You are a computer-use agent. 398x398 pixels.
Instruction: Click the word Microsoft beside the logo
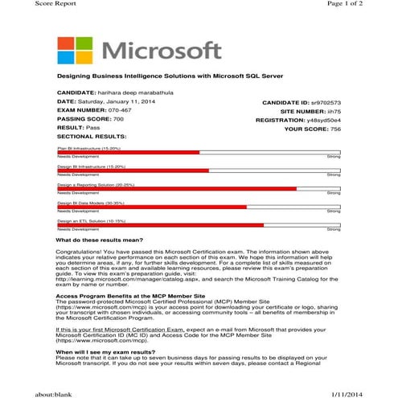click(162, 50)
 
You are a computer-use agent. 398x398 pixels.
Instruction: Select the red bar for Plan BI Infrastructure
click(129, 152)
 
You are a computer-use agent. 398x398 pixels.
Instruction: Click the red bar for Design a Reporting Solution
click(177, 188)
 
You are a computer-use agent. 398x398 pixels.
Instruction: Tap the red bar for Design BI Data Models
click(152, 207)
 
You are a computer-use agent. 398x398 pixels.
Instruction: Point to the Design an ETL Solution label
click(91, 220)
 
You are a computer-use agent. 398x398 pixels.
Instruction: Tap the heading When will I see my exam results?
click(106, 351)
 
